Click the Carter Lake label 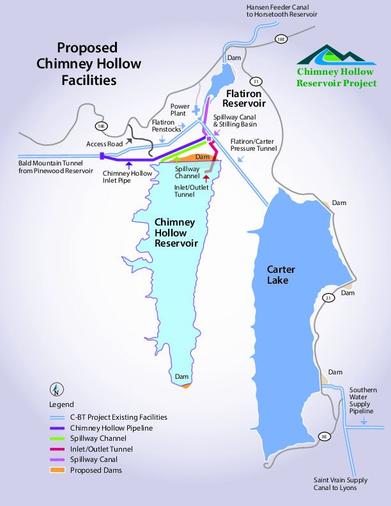click(281, 275)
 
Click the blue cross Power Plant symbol click(196, 111)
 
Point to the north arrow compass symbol click(57, 390)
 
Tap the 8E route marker click(324, 436)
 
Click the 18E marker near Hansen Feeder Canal click(280, 39)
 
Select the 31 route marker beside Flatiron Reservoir click(256, 81)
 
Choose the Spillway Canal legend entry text click(94, 459)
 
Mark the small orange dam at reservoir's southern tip click(186, 385)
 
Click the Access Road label click(105, 144)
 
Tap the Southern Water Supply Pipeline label click(362, 401)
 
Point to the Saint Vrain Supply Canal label click(340, 484)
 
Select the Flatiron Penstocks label click(167, 125)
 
